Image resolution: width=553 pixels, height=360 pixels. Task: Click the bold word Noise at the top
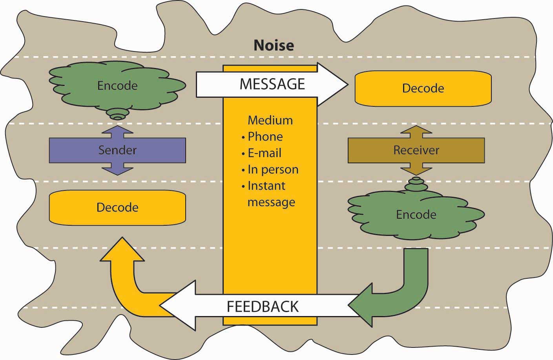click(274, 45)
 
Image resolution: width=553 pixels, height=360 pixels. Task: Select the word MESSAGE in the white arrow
click(272, 84)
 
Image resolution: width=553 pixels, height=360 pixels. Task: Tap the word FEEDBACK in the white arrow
click(263, 306)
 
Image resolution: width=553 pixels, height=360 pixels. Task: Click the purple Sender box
click(117, 150)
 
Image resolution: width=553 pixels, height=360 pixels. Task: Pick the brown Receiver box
click(416, 150)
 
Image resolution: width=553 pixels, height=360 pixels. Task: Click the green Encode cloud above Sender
click(117, 86)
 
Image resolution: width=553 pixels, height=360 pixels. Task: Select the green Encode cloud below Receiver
click(416, 215)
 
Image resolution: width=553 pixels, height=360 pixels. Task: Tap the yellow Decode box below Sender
click(117, 207)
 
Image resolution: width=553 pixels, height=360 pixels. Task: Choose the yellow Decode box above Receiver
click(423, 88)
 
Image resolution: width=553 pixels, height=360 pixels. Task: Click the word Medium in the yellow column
click(270, 120)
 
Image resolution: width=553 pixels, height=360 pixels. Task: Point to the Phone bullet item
click(265, 137)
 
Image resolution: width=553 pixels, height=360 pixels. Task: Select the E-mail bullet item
click(264, 153)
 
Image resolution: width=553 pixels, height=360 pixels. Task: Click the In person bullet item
click(273, 170)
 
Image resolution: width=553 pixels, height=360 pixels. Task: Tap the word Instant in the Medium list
click(266, 186)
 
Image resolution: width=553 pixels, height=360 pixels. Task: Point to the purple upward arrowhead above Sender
click(117, 131)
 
